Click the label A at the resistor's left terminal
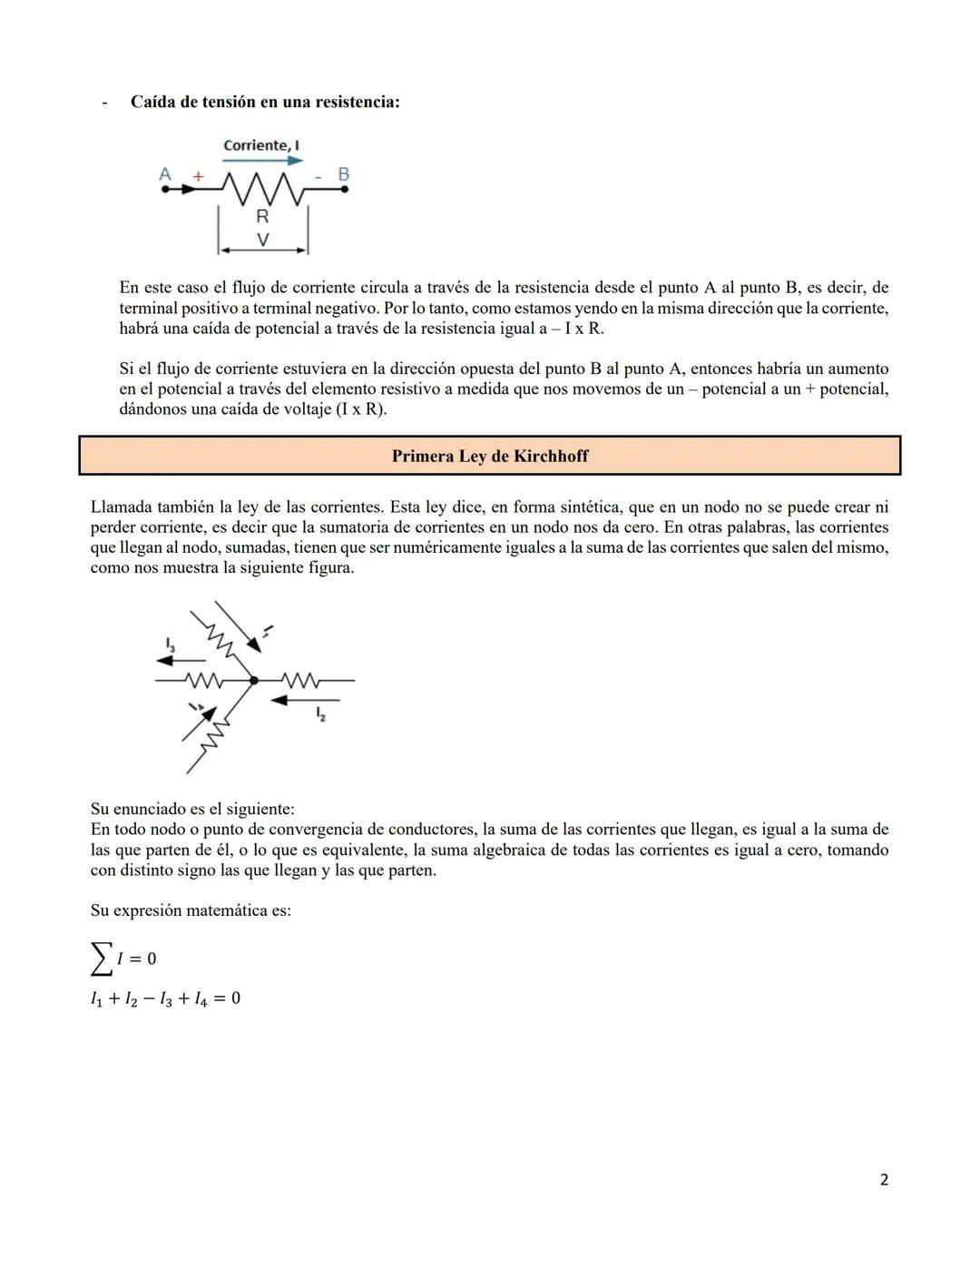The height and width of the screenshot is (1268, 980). point(165,173)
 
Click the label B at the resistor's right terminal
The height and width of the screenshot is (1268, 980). point(343,173)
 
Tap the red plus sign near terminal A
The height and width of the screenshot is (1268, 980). point(198,176)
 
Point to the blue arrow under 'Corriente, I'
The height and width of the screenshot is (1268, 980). point(262,160)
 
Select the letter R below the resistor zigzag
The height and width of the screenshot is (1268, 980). point(262,216)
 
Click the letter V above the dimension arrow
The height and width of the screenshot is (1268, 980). point(262,240)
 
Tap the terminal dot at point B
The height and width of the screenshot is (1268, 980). point(344,190)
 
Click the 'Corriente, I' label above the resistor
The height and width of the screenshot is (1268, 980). point(261,145)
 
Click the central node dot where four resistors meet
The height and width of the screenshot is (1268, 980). point(254,680)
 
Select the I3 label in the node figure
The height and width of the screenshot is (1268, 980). point(170,644)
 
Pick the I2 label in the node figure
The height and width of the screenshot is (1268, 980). point(320,714)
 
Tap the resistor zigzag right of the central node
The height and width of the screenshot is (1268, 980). point(300,680)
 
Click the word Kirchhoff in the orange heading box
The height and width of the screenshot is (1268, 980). point(551,456)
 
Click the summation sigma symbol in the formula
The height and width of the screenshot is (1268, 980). point(102,958)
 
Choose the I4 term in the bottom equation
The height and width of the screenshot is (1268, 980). point(201,998)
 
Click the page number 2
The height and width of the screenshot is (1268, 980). point(884,1180)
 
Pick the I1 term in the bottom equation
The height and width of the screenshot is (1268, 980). point(97,998)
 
